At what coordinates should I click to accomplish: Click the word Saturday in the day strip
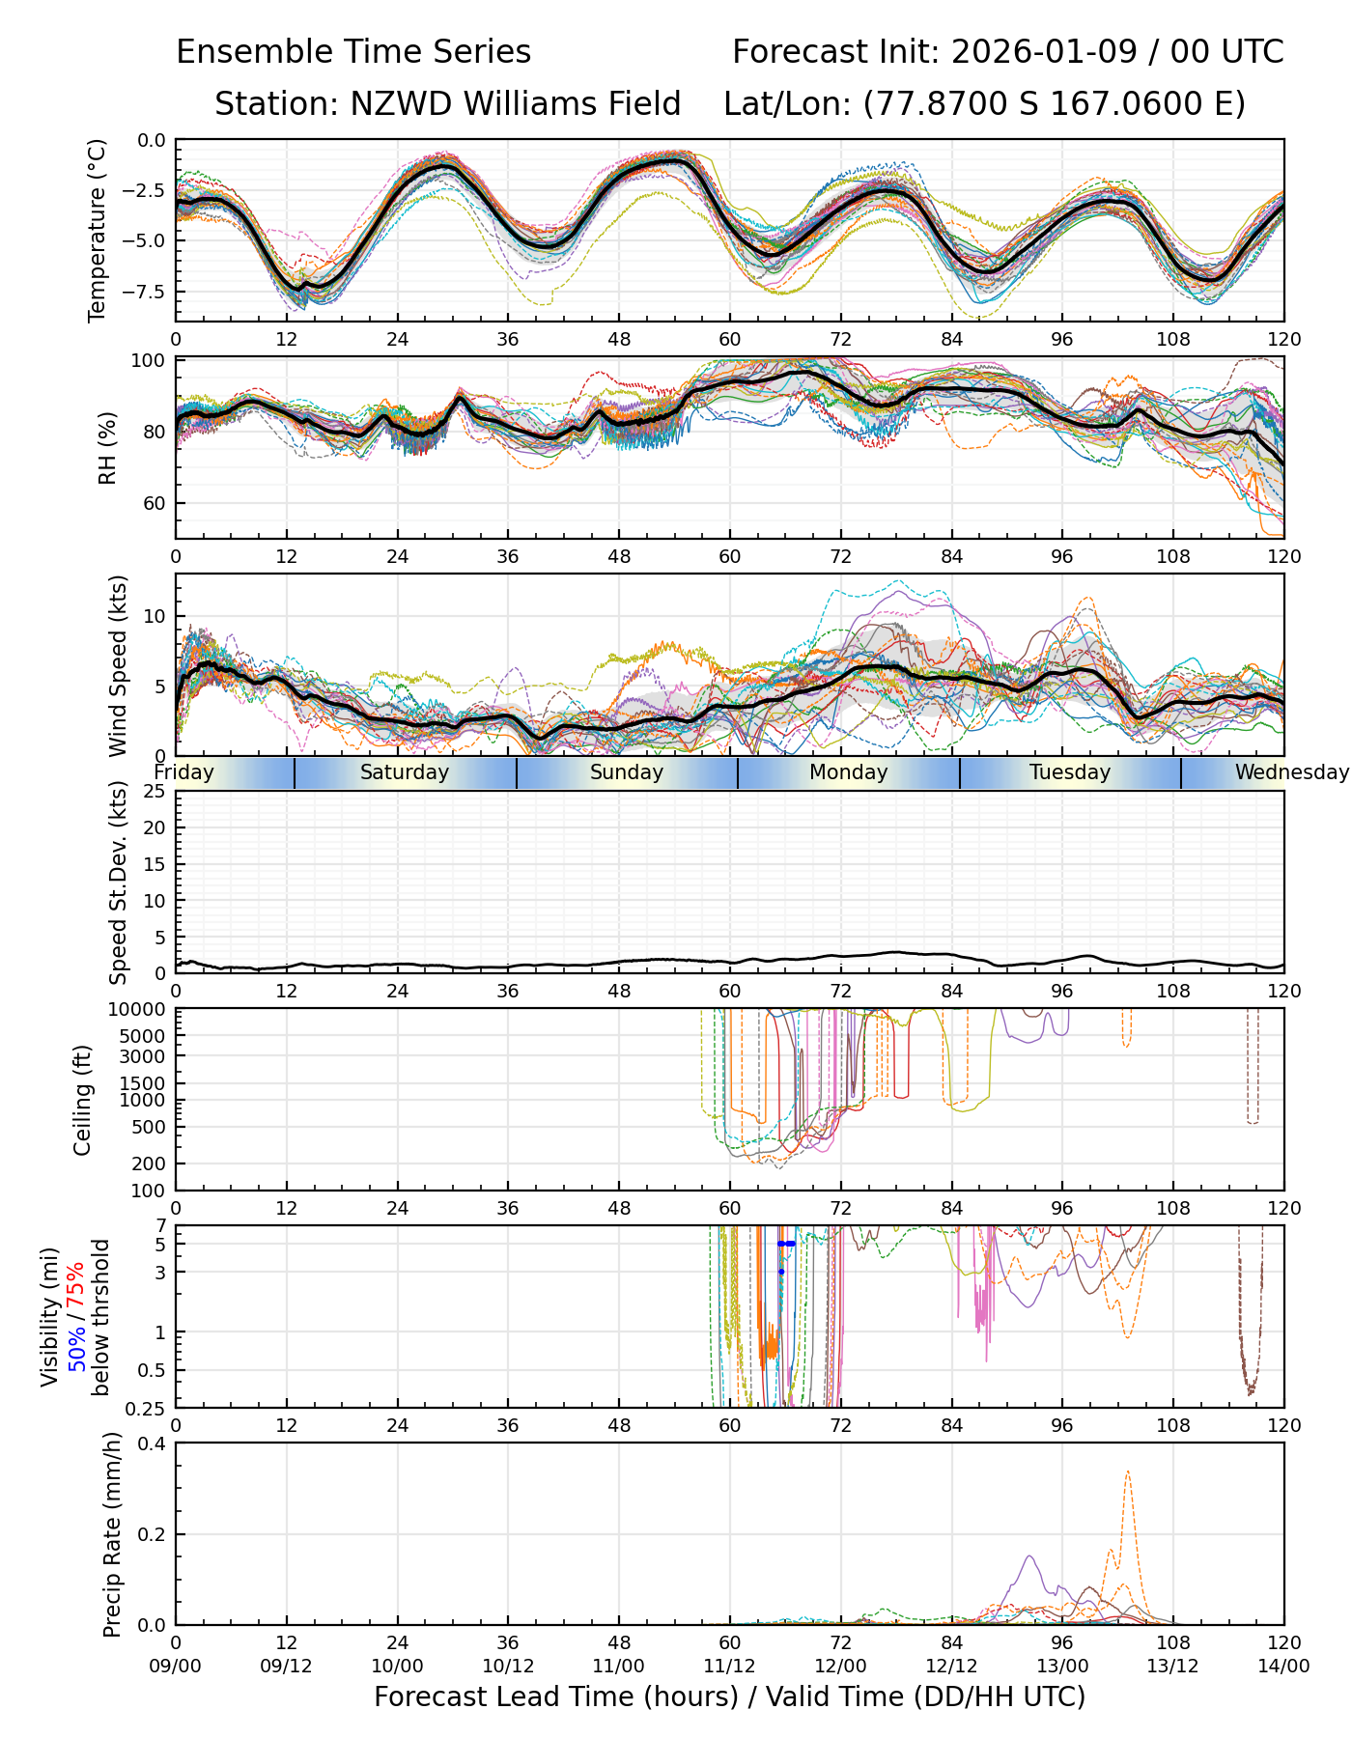tap(405, 772)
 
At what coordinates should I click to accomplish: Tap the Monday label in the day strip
tap(848, 772)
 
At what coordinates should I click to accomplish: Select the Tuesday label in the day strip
tap(1070, 772)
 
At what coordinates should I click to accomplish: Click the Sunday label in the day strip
tap(627, 772)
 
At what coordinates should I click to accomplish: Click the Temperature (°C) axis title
tap(97, 230)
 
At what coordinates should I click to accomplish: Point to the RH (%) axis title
tap(107, 447)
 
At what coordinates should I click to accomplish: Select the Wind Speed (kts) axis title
tap(118, 665)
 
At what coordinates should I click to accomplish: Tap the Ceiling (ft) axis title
tap(83, 1100)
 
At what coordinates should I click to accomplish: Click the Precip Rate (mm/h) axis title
tap(112, 1534)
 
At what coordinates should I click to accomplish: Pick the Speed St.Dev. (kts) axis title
tap(118, 883)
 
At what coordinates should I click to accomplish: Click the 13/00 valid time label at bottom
tap(1062, 1666)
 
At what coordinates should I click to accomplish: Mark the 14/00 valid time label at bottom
tap(1283, 1666)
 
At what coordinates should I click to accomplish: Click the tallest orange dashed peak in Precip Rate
tap(1128, 1472)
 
